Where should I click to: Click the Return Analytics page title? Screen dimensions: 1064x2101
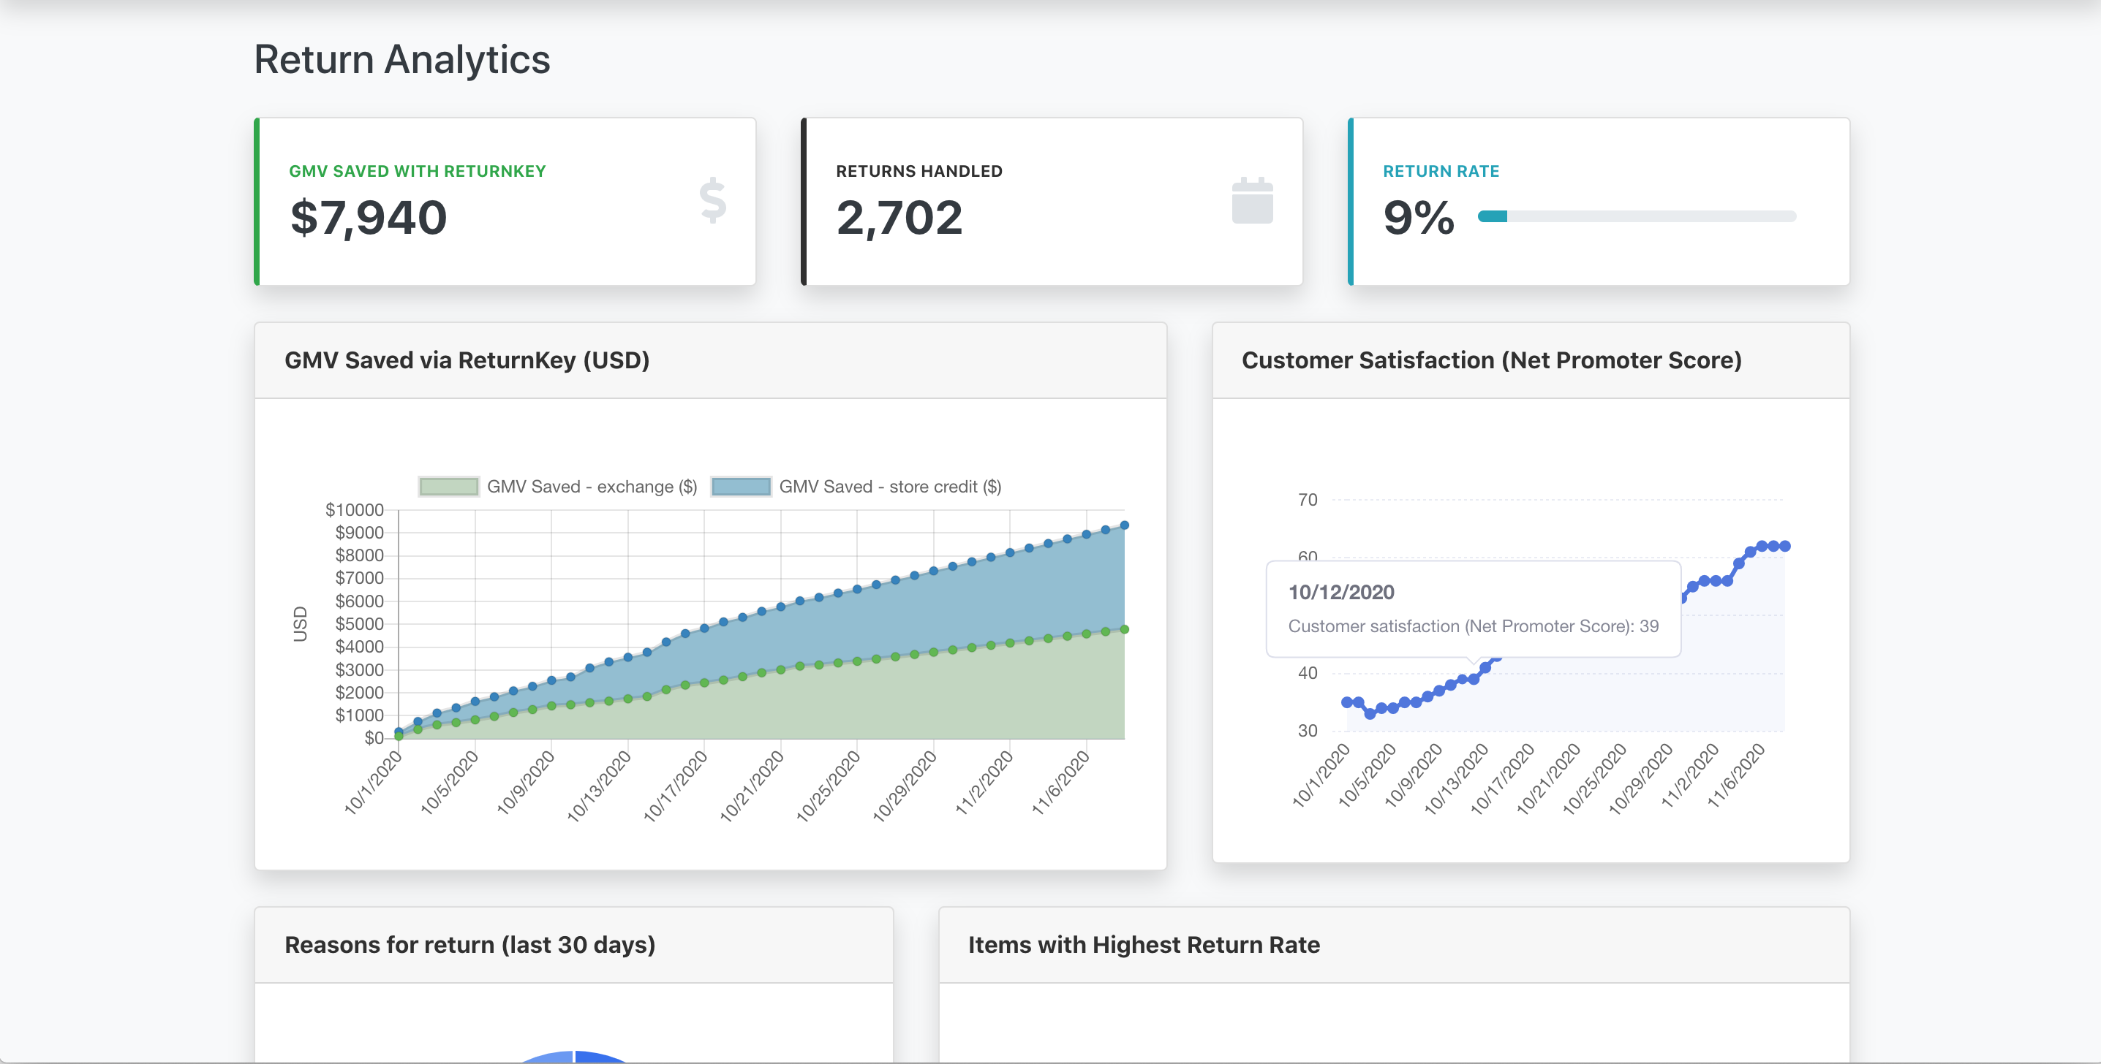(x=402, y=59)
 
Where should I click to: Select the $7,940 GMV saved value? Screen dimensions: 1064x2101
(x=369, y=218)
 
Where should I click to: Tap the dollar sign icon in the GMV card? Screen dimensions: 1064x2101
(x=713, y=200)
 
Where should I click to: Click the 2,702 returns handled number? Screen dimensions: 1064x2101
(x=899, y=218)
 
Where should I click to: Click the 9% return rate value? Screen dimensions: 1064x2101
(x=1418, y=218)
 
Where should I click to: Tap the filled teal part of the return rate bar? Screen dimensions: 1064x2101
(x=1493, y=217)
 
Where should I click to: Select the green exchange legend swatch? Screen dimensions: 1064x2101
(x=448, y=487)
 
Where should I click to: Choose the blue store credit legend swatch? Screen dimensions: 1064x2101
(x=741, y=487)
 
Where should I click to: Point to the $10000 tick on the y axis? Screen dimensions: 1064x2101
(x=354, y=510)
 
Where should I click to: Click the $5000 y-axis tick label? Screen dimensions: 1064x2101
(x=359, y=625)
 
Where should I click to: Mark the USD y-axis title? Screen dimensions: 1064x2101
(x=300, y=624)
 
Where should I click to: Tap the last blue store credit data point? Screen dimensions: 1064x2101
(x=1125, y=526)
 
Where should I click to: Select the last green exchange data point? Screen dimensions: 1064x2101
(x=1125, y=629)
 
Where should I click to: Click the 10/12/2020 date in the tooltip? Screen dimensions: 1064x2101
(x=1341, y=593)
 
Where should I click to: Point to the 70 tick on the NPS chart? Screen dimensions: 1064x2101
(x=1308, y=500)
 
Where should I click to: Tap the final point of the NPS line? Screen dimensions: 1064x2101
(x=1784, y=547)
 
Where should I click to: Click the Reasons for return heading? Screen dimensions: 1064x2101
(x=469, y=945)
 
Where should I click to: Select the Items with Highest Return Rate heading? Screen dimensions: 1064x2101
(x=1144, y=945)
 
